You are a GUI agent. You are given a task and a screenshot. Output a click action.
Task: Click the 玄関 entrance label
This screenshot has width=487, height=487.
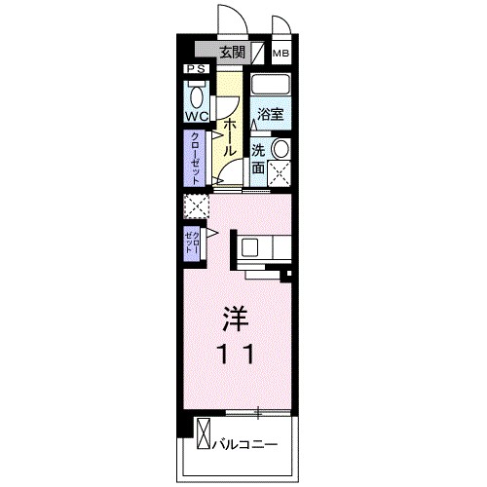coord(232,54)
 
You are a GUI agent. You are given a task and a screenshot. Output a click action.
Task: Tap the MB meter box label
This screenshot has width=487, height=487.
coord(281,54)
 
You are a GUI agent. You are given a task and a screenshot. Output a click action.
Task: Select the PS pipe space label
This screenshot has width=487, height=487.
coord(195,70)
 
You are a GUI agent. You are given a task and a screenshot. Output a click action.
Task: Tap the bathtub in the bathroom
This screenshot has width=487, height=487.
coord(271,87)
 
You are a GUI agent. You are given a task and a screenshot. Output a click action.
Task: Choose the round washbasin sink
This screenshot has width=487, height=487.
coord(280,148)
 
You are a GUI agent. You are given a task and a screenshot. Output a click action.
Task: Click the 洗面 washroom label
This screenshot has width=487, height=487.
coord(258,158)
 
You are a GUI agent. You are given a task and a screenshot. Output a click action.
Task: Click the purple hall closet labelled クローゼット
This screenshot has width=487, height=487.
coord(195,158)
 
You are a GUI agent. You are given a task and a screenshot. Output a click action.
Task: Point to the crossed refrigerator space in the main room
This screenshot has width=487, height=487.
coord(196,207)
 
